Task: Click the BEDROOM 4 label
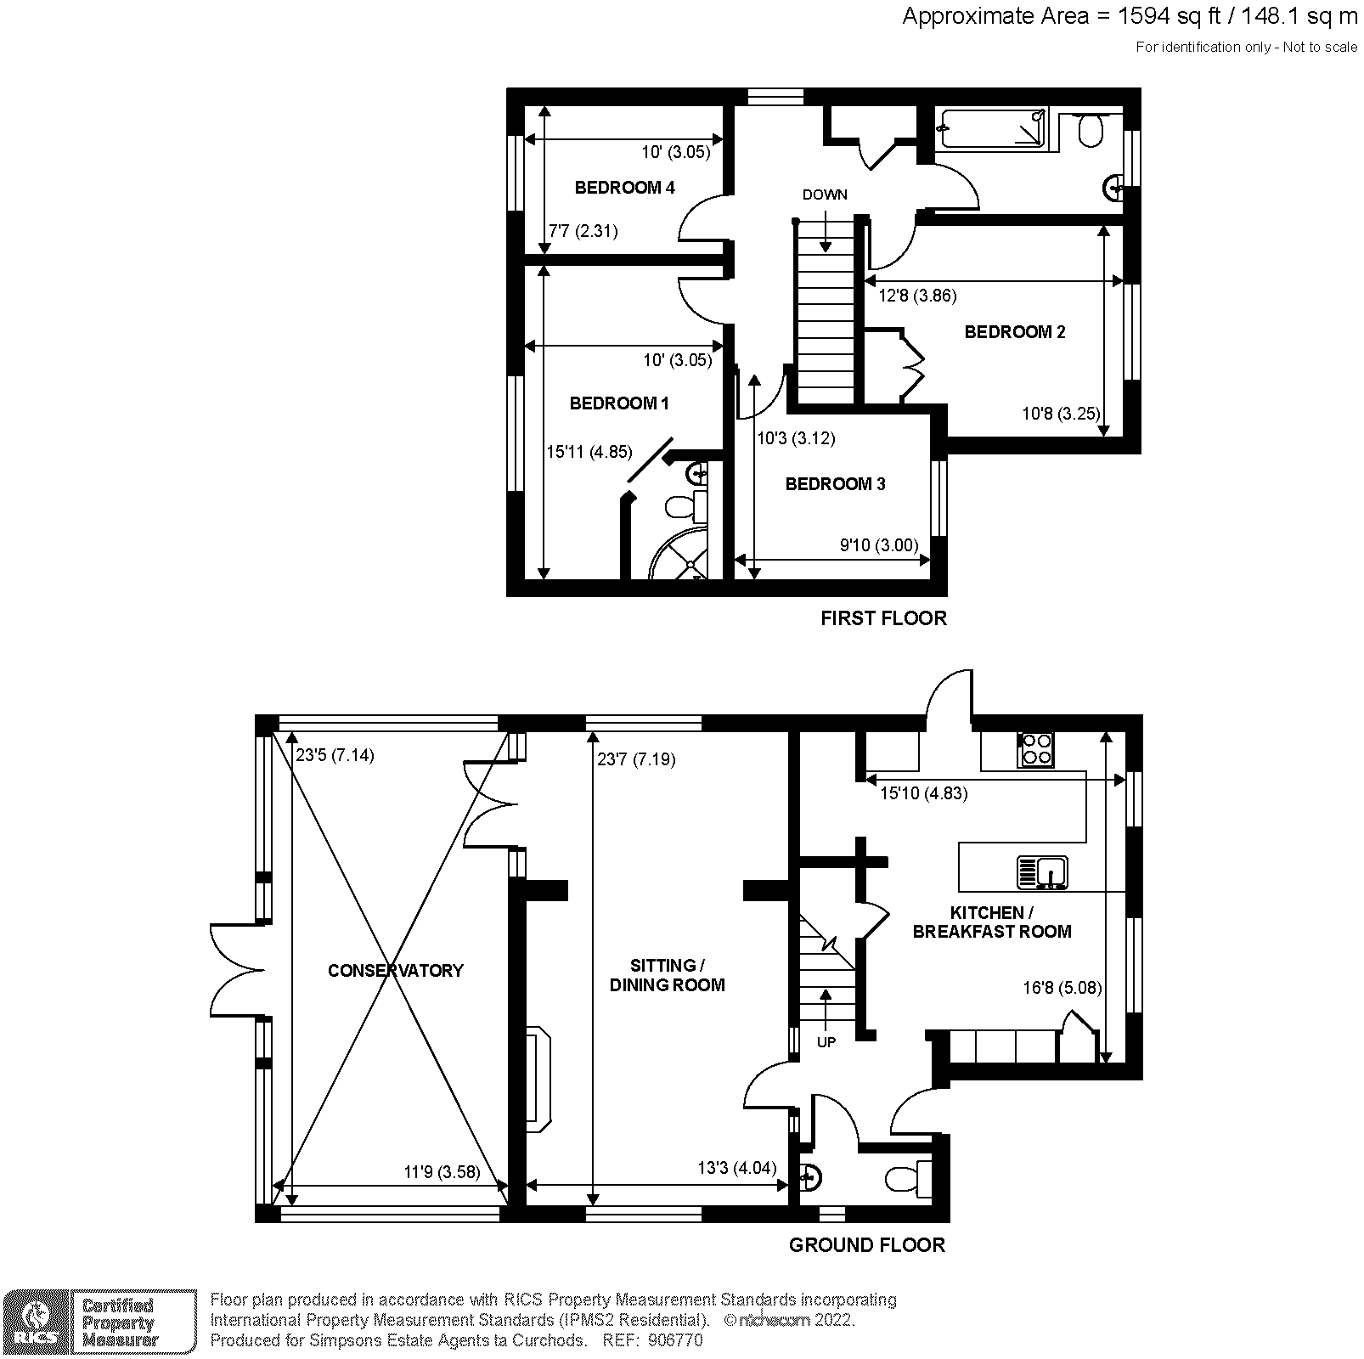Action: click(x=624, y=188)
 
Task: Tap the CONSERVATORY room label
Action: click(x=396, y=970)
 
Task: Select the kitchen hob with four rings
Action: click(x=1036, y=750)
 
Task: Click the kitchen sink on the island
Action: click(x=1043, y=873)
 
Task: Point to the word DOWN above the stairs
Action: click(x=825, y=195)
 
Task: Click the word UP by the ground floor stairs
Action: click(x=826, y=1042)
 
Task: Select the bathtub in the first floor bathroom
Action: click(x=991, y=129)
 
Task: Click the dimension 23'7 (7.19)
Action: click(x=636, y=759)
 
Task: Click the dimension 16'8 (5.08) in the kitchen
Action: click(x=1062, y=988)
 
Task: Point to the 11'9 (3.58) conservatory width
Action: click(x=442, y=1172)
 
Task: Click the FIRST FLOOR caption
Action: click(x=883, y=618)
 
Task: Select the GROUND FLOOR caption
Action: click(x=866, y=1245)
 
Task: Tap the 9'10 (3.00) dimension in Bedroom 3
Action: click(x=879, y=545)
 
